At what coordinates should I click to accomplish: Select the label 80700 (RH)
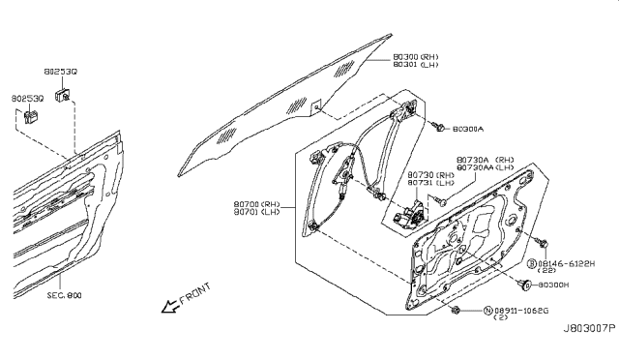click(257, 204)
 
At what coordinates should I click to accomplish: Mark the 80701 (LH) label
click(257, 213)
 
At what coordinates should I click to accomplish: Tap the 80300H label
click(566, 285)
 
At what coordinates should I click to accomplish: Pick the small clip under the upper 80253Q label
click(61, 94)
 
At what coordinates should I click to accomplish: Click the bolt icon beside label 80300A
click(440, 128)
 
